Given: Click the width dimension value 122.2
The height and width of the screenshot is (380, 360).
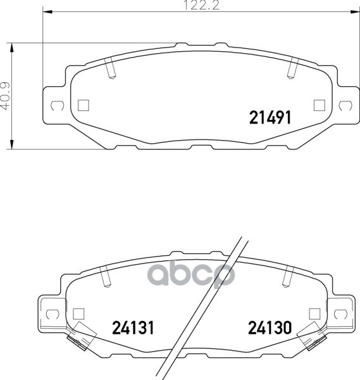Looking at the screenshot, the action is [x=202, y=5].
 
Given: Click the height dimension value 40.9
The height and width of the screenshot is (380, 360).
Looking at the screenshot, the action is [x=6, y=96].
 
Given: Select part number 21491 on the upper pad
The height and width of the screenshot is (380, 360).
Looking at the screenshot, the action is [x=270, y=118].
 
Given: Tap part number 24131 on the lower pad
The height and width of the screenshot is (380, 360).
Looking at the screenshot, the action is [x=133, y=327].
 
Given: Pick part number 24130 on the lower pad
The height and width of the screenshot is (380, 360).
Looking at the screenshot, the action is [x=270, y=327].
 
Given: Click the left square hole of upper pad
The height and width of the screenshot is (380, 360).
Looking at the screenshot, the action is [x=84, y=105].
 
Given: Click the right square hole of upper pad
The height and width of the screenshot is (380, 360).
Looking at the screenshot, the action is [x=320, y=105].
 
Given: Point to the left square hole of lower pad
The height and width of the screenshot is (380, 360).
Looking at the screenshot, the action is [x=78, y=314].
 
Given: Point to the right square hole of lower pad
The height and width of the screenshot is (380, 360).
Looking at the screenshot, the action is [x=314, y=314].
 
